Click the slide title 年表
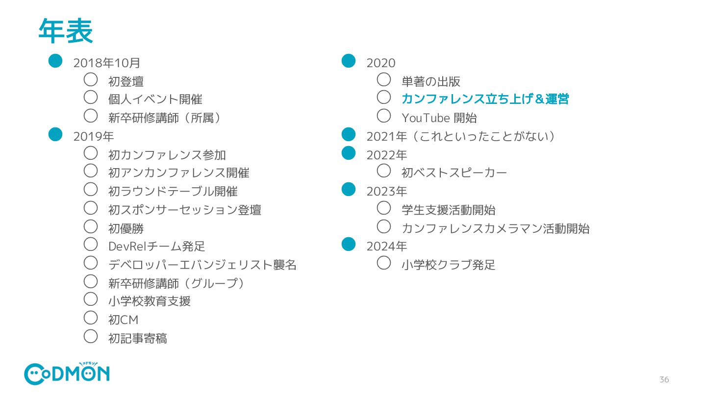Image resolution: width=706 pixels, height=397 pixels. click(x=65, y=31)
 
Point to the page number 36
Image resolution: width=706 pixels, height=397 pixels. click(x=664, y=379)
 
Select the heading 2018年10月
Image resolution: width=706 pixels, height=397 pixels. click(x=107, y=63)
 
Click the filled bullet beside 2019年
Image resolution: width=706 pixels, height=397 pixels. click(x=55, y=134)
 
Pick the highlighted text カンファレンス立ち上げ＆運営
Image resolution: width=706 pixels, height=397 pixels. click(x=485, y=99)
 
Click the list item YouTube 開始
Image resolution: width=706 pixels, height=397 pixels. click(x=439, y=118)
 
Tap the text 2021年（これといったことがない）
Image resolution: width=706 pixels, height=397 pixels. click(x=461, y=136)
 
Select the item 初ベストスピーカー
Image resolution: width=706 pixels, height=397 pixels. click(x=454, y=173)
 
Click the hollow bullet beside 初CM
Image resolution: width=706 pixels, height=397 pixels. click(x=91, y=318)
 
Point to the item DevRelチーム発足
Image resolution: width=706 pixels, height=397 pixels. click(x=156, y=246)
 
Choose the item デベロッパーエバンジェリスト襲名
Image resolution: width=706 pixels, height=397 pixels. click(x=202, y=265)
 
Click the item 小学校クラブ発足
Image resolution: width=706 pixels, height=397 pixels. click(x=448, y=265)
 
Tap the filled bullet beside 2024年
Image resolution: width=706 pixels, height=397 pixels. click(x=348, y=244)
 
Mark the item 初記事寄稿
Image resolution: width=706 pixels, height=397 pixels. click(x=137, y=338)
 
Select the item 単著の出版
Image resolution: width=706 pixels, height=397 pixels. click(x=430, y=81)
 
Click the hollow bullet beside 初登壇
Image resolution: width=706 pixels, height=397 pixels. click(x=91, y=79)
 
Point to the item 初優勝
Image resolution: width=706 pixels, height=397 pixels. click(x=126, y=228)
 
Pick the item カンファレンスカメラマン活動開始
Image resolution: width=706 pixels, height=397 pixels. click(x=495, y=228)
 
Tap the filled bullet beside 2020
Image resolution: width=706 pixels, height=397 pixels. click(x=348, y=60)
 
